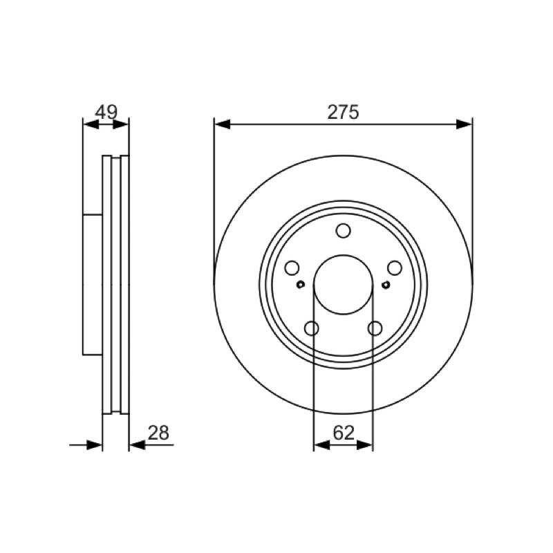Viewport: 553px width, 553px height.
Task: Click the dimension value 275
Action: click(x=343, y=112)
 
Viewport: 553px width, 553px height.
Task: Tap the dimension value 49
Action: click(x=106, y=112)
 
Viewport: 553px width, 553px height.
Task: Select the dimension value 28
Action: click(x=158, y=433)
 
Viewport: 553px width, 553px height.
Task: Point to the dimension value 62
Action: click(x=343, y=433)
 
